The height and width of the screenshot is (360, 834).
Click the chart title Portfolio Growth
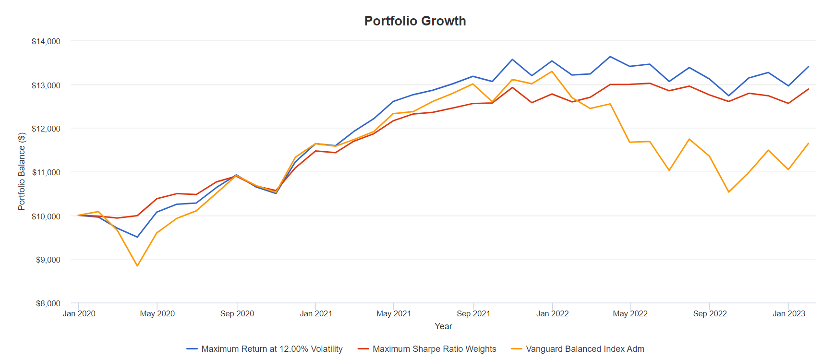[x=415, y=21]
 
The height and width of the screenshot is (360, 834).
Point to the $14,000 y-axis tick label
[x=46, y=41]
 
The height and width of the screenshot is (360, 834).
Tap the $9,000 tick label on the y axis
[x=48, y=260]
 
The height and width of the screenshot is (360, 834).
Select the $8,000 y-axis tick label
[x=48, y=303]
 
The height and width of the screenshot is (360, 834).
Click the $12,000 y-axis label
[x=46, y=129]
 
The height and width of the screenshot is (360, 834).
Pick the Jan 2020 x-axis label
[x=79, y=313]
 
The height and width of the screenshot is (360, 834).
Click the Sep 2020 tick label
[x=237, y=313]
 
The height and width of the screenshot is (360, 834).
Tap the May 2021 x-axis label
[x=394, y=313]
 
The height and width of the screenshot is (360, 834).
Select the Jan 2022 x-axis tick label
[x=552, y=313]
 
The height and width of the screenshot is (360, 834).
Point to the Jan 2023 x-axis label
[x=788, y=313]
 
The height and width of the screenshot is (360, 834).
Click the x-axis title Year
[x=443, y=326]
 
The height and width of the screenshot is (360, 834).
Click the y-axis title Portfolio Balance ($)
[x=22, y=171]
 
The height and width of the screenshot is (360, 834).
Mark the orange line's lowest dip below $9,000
[x=137, y=266]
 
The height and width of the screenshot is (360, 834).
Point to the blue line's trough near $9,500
[x=137, y=237]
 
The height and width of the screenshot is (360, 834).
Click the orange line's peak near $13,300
[x=552, y=72]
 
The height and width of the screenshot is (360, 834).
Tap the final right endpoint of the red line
[x=809, y=89]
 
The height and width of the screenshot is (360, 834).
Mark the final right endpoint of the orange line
[x=809, y=143]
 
